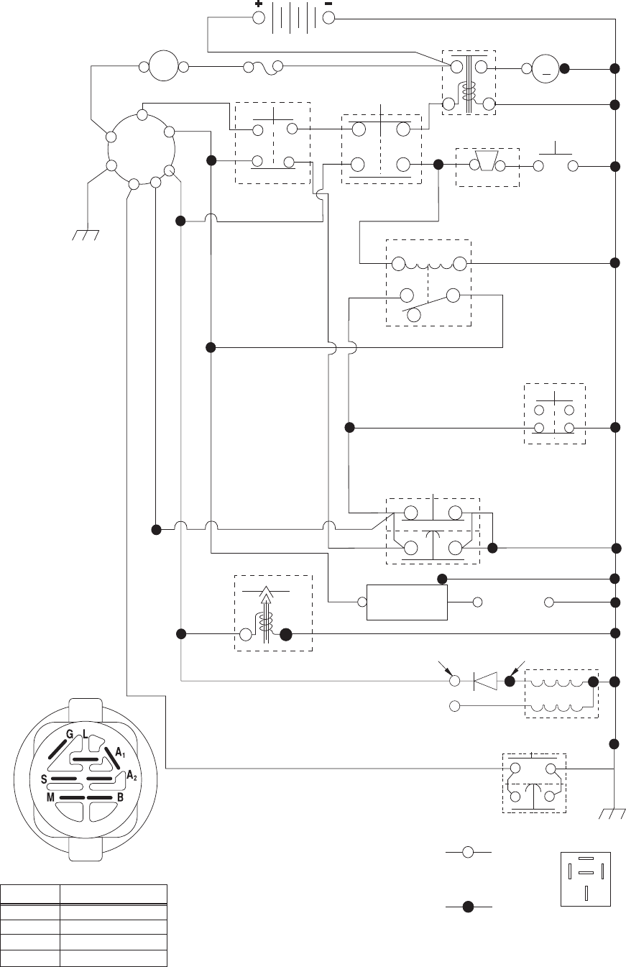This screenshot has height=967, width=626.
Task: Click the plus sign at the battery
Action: [258, 4]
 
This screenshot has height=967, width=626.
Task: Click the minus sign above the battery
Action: [328, 4]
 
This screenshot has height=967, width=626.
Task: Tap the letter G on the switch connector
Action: [70, 733]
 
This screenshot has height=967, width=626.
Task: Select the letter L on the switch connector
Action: [86, 734]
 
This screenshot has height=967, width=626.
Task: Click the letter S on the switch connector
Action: [45, 778]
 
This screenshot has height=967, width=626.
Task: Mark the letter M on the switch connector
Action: [51, 797]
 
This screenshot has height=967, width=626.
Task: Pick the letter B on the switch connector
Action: [120, 797]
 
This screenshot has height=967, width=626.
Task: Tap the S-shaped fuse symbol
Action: [262, 68]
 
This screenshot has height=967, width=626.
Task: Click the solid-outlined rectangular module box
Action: [407, 602]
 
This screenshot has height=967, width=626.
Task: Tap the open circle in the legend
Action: [467, 852]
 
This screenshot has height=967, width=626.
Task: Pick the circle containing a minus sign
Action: [546, 70]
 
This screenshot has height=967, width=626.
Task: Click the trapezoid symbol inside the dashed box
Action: [487, 165]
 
